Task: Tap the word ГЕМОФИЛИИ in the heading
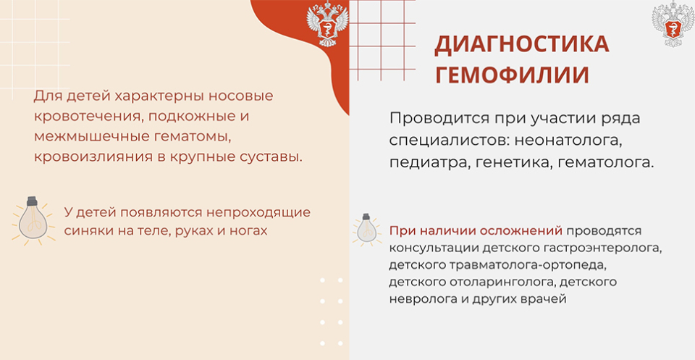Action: click(512, 75)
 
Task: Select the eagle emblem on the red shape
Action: click(327, 24)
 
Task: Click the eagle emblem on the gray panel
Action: click(673, 24)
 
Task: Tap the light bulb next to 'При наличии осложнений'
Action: click(366, 230)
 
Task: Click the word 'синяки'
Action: click(85, 231)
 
